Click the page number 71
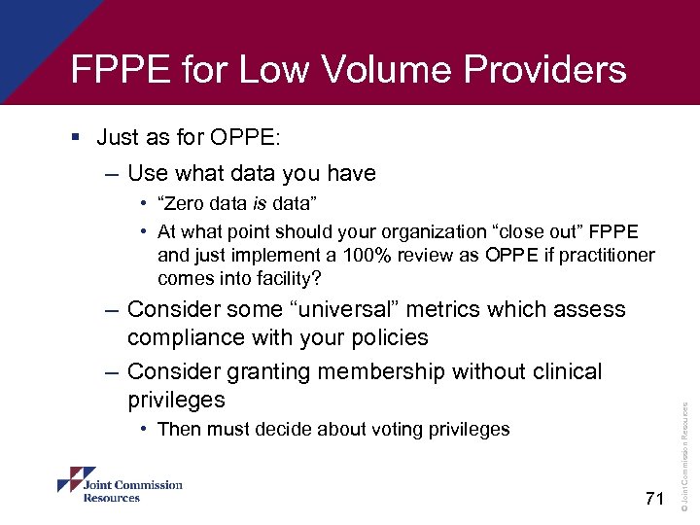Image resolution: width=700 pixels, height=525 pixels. coord(653,499)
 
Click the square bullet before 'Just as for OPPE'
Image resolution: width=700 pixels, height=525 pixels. coord(77,138)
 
